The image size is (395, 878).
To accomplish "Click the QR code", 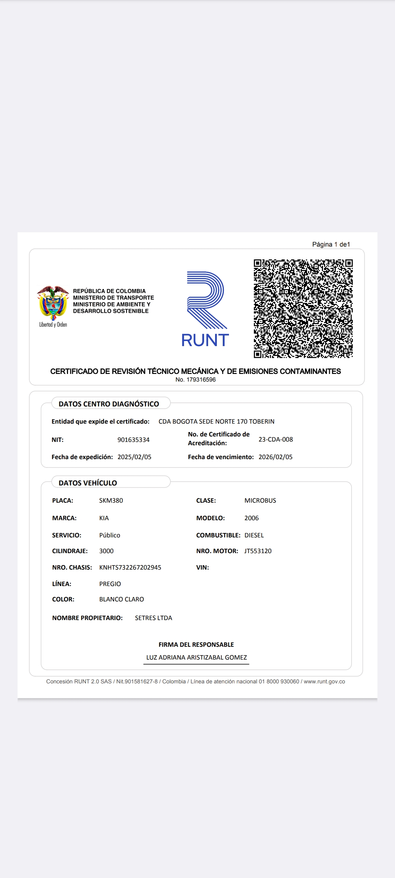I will pyautogui.click(x=303, y=308).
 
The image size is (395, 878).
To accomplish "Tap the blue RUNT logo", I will pyautogui.click(x=205, y=309).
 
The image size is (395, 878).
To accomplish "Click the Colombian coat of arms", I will pyautogui.click(x=53, y=302).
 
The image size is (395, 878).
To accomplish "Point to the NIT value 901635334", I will pyautogui.click(x=133, y=440).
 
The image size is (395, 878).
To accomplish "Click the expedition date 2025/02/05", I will pyautogui.click(x=134, y=457).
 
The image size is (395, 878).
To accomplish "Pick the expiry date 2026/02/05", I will pyautogui.click(x=275, y=457).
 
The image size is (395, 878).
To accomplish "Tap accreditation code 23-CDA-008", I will pyautogui.click(x=276, y=439).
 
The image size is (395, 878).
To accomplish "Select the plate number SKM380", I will pyautogui.click(x=111, y=500).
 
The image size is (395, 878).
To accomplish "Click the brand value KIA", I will pyautogui.click(x=104, y=518).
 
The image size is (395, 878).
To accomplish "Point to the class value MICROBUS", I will pyautogui.click(x=260, y=500).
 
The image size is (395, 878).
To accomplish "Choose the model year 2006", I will pyautogui.click(x=251, y=518).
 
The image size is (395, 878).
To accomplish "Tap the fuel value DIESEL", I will pyautogui.click(x=254, y=535).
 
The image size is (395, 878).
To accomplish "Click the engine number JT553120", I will pyautogui.click(x=258, y=551).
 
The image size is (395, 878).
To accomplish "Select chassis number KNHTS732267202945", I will pyautogui.click(x=130, y=567).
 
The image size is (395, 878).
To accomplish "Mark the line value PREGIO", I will pyautogui.click(x=110, y=584).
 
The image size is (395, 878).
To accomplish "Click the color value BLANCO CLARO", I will pyautogui.click(x=121, y=599).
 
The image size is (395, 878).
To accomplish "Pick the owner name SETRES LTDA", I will pyautogui.click(x=153, y=618).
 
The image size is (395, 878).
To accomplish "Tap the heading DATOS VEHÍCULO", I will pyautogui.click(x=88, y=483).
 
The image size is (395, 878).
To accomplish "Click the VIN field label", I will pyautogui.click(x=203, y=567).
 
